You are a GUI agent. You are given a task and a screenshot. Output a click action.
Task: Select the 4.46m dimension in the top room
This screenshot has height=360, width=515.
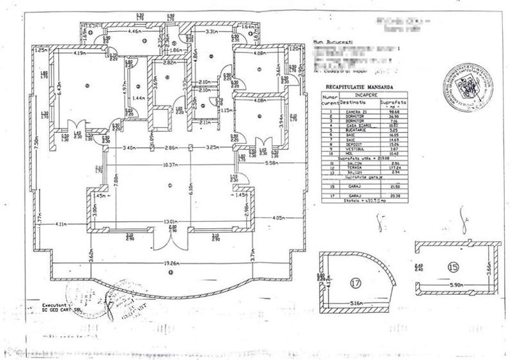[134, 30]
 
